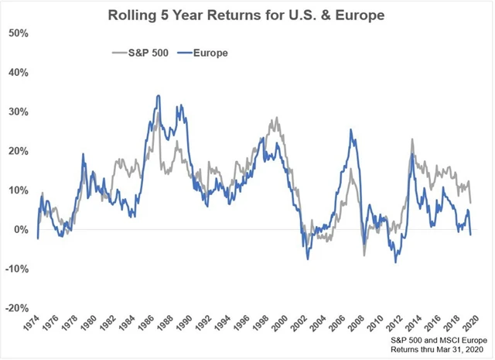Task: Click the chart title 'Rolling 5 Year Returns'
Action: (x=247, y=13)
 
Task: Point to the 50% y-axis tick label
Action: (x=18, y=33)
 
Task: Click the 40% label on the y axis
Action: (x=18, y=73)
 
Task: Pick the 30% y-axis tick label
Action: (x=18, y=112)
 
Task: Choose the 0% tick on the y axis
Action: (x=21, y=229)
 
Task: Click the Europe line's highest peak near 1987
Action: (x=159, y=96)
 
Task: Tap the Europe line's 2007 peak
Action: (x=351, y=130)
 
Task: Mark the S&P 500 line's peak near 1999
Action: (x=277, y=118)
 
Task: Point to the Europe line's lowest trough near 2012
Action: (x=396, y=262)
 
